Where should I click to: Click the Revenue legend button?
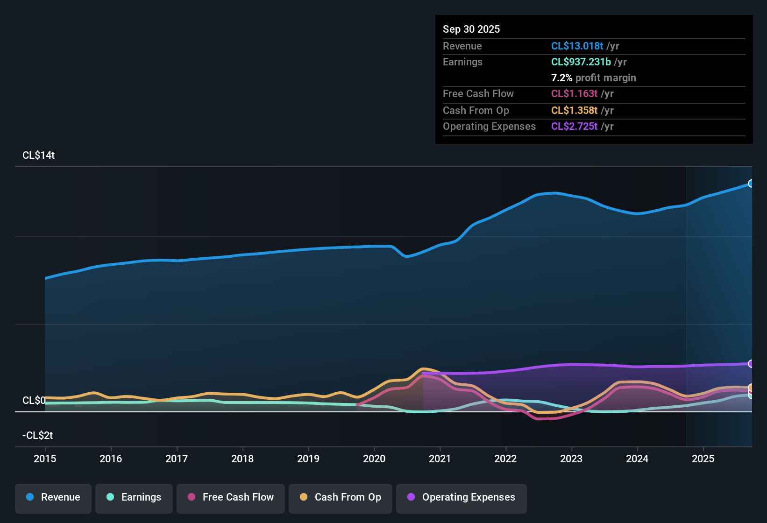tap(53, 497)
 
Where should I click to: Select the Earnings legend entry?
tap(134, 497)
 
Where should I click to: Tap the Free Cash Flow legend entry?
tap(231, 497)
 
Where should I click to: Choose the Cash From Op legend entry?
tap(341, 497)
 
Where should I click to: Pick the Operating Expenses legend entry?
tap(462, 497)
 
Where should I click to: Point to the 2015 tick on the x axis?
tap(45, 459)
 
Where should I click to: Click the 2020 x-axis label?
tap(374, 459)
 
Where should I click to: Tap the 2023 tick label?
tap(571, 459)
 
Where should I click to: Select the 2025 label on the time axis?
tap(703, 459)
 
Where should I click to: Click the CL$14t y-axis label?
tap(39, 155)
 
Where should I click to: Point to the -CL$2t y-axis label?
tap(38, 436)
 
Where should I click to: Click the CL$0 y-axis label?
tap(34, 401)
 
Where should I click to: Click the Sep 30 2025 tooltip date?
tap(471, 29)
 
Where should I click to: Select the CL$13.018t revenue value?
tap(577, 46)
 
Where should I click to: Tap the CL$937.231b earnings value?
tap(581, 62)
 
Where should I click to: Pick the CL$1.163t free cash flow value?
tap(574, 94)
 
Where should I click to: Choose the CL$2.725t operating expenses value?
tap(574, 127)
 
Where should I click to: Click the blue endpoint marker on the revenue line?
tap(751, 184)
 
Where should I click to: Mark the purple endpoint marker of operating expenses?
tap(751, 364)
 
